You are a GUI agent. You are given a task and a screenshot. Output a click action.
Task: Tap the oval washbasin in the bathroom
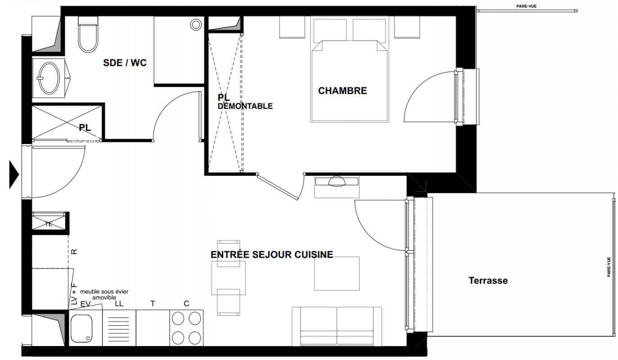(x=50, y=78)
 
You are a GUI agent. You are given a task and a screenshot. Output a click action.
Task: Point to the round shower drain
(x=196, y=25)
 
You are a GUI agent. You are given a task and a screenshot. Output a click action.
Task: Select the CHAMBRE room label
(x=343, y=91)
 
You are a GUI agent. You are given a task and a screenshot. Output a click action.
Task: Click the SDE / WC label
(x=125, y=63)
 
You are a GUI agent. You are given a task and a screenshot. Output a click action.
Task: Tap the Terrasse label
(x=488, y=280)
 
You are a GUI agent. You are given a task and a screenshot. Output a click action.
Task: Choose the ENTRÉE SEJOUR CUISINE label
(x=272, y=254)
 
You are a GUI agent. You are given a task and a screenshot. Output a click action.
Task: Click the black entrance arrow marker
(x=14, y=174)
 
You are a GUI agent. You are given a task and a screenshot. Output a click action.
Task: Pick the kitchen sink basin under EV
(x=81, y=328)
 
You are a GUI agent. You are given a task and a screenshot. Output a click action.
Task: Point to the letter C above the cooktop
(x=186, y=304)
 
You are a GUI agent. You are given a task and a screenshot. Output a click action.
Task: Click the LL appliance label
(x=119, y=304)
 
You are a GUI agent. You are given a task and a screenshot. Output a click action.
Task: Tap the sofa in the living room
(x=337, y=326)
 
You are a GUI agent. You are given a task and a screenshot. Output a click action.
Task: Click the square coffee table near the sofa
(x=337, y=274)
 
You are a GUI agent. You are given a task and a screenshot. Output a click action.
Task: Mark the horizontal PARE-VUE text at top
(x=527, y=6)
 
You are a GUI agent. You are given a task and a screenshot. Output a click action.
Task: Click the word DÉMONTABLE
(x=245, y=106)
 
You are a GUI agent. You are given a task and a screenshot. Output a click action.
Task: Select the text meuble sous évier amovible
(x=104, y=294)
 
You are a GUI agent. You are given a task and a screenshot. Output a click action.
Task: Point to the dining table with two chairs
(x=229, y=278)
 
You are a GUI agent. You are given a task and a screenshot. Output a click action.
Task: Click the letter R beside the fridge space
(x=74, y=252)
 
